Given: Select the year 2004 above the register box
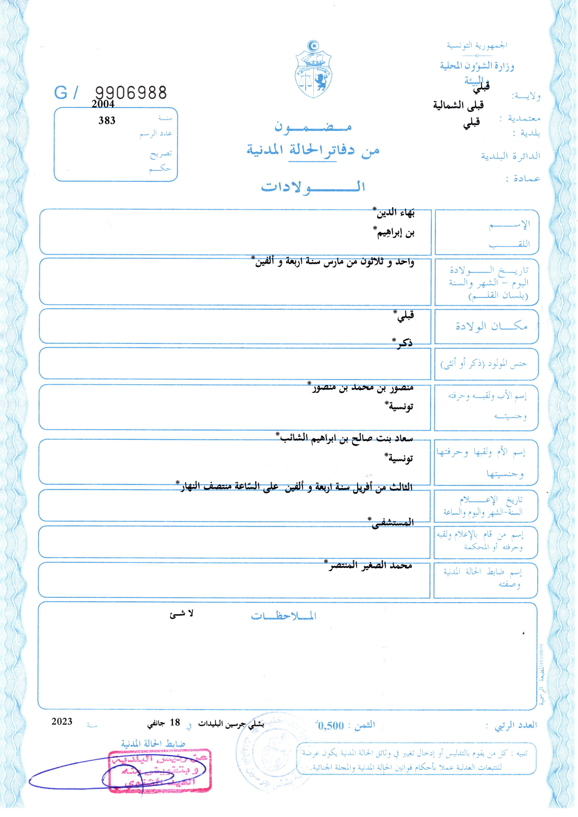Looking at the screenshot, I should click(103, 104).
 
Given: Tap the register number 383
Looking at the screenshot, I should click(107, 121).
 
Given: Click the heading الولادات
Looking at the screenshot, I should click(313, 186).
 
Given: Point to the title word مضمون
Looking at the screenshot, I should click(313, 127).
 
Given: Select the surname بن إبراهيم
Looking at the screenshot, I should click(395, 233).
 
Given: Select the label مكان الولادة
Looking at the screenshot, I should click(491, 326).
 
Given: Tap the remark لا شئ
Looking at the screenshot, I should click(181, 613).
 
